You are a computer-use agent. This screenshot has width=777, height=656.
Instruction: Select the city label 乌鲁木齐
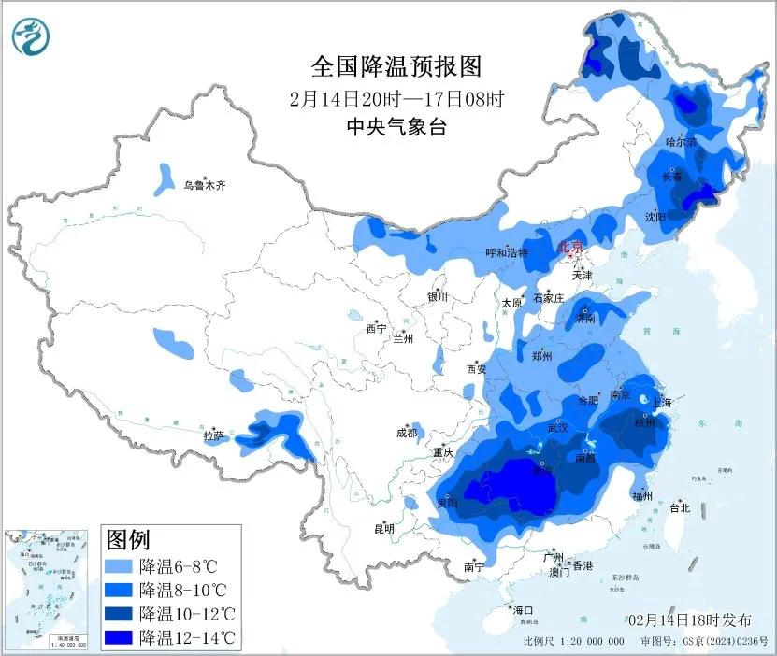click(x=205, y=186)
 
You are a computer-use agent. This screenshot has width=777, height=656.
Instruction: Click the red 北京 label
click(x=570, y=248)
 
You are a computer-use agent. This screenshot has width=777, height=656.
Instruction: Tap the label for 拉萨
click(x=214, y=435)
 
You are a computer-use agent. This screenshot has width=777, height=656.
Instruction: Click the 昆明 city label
click(x=384, y=529)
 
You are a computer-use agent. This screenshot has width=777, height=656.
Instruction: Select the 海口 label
click(x=523, y=610)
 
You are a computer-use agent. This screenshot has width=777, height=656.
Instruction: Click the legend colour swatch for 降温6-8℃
click(x=119, y=566)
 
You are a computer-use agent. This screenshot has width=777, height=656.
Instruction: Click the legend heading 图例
click(x=128, y=540)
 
